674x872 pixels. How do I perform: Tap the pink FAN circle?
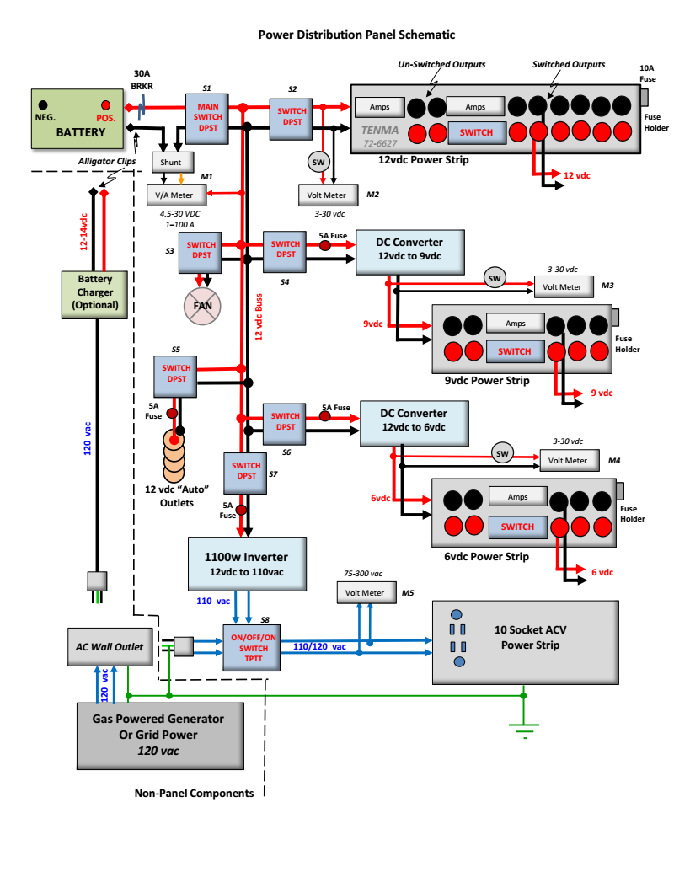click(202, 306)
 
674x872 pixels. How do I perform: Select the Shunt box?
click(173, 162)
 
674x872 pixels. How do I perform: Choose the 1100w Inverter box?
click(245, 564)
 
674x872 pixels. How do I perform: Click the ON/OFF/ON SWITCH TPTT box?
click(254, 647)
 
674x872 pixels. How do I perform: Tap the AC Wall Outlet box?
click(105, 647)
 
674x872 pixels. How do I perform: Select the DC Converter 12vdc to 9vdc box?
click(410, 250)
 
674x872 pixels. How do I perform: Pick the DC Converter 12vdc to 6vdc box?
click(414, 421)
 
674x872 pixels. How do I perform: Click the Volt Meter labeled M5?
click(366, 592)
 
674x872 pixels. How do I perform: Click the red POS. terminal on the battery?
click(105, 106)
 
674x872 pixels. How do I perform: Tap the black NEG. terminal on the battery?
click(43, 106)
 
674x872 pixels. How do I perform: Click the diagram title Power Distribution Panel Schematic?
click(356, 35)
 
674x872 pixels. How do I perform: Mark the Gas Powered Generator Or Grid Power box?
click(158, 734)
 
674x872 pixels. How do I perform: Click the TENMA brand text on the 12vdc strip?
click(382, 131)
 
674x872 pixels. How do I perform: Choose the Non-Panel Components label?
click(194, 794)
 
